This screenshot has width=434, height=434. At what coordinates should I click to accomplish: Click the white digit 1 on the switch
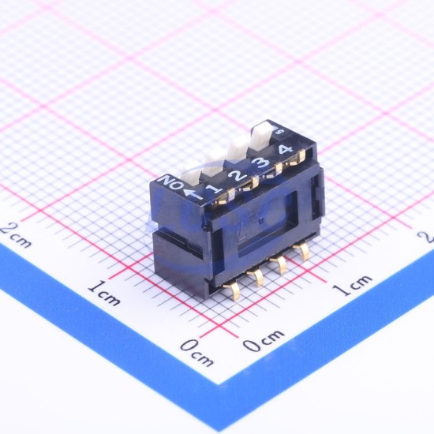pos(215,189)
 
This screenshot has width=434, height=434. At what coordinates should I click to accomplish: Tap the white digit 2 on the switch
pos(238,176)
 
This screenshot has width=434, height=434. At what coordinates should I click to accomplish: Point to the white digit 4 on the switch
pos(286,149)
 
